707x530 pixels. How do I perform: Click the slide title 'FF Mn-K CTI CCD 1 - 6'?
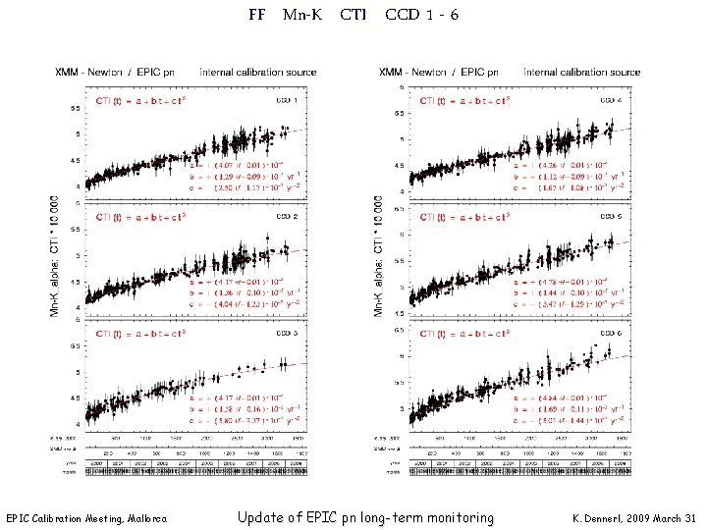353,15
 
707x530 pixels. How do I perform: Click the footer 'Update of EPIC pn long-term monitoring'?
365,517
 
